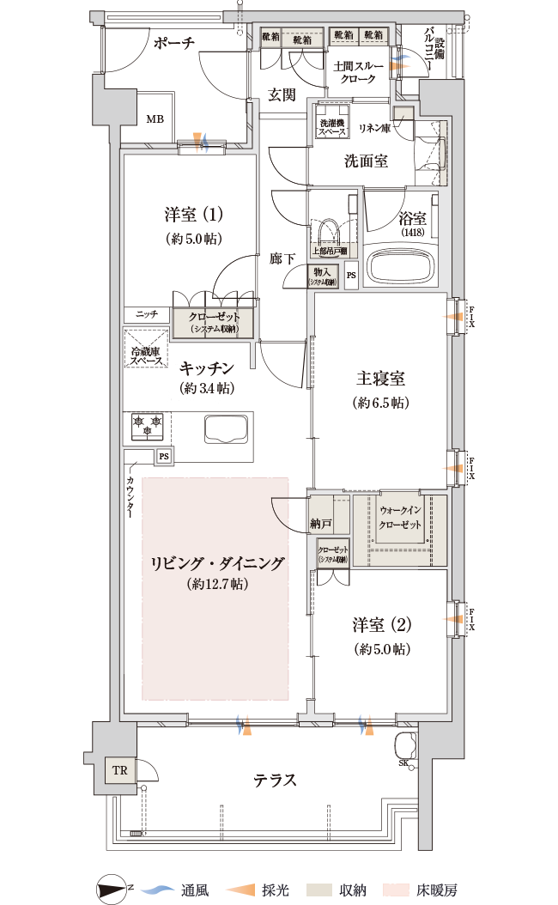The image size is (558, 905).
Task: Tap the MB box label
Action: (155, 119)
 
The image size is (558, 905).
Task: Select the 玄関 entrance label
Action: (281, 94)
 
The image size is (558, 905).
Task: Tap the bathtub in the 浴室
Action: (401, 266)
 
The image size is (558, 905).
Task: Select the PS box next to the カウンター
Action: (163, 456)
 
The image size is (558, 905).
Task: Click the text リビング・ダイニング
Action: (216, 564)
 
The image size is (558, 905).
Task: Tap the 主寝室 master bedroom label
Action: (380, 379)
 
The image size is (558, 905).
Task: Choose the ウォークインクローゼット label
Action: (401, 517)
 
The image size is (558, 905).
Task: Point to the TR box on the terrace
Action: (118, 770)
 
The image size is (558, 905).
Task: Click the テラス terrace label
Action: (275, 780)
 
